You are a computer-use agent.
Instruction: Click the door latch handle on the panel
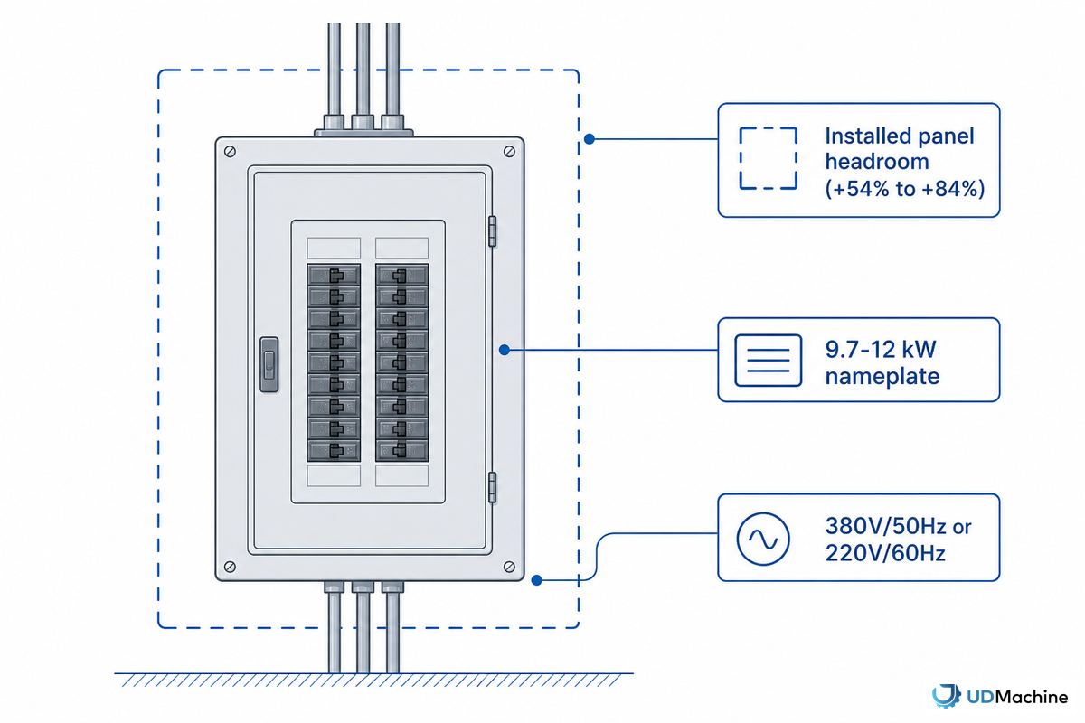click(269, 364)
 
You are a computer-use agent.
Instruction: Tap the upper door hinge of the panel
click(492, 231)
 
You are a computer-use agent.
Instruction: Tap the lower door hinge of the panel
click(492, 487)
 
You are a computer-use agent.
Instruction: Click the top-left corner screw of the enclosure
click(230, 152)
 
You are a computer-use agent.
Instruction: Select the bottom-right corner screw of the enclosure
click(509, 567)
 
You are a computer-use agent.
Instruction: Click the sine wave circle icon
click(763, 539)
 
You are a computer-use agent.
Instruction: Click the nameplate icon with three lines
click(768, 361)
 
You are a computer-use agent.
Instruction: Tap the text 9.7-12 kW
click(881, 349)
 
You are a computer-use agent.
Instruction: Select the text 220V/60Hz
click(885, 553)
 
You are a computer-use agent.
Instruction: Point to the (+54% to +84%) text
click(905, 189)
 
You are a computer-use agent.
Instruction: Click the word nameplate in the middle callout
click(882, 377)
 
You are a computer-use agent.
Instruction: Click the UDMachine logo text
click(1017, 697)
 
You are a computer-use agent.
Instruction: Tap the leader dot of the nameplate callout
click(505, 350)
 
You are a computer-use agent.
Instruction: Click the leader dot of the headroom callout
click(589, 139)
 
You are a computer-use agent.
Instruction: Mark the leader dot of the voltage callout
click(536, 580)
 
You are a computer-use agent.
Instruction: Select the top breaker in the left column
click(334, 275)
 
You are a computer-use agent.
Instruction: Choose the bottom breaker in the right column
click(401, 450)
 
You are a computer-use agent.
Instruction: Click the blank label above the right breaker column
click(401, 248)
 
